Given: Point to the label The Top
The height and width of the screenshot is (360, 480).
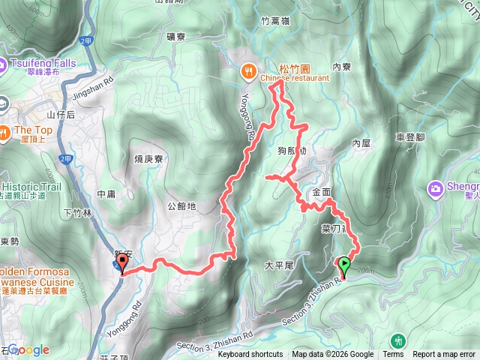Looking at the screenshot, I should [30, 130].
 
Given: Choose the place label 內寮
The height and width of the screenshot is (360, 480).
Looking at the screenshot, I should [341, 67].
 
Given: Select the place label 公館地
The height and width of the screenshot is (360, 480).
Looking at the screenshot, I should [181, 205].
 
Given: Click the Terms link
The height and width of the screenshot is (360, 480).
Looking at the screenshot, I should [393, 355].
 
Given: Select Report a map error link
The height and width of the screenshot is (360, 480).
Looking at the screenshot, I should [444, 355].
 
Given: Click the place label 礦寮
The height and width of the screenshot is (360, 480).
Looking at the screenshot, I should [181, 35].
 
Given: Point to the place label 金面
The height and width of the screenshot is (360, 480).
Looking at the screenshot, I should [321, 192].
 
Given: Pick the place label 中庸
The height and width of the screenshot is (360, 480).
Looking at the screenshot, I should [106, 194].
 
